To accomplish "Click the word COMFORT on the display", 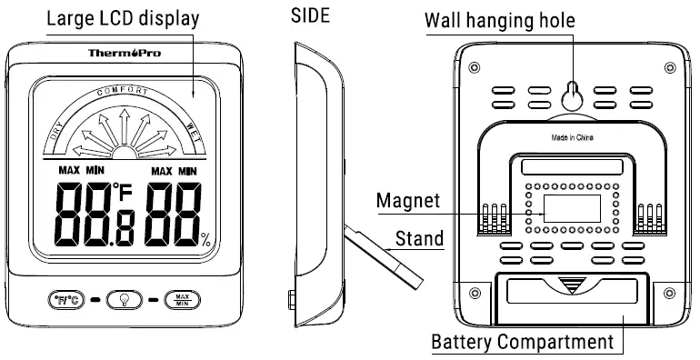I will pyautogui.click(x=127, y=92).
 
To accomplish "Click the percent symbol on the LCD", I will pyautogui.click(x=206, y=241).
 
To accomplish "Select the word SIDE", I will pyautogui.click(x=310, y=15).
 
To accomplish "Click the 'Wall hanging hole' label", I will pyautogui.click(x=575, y=20).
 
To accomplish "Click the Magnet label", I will pyautogui.click(x=409, y=201).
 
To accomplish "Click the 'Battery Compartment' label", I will pyautogui.click(x=522, y=343).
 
